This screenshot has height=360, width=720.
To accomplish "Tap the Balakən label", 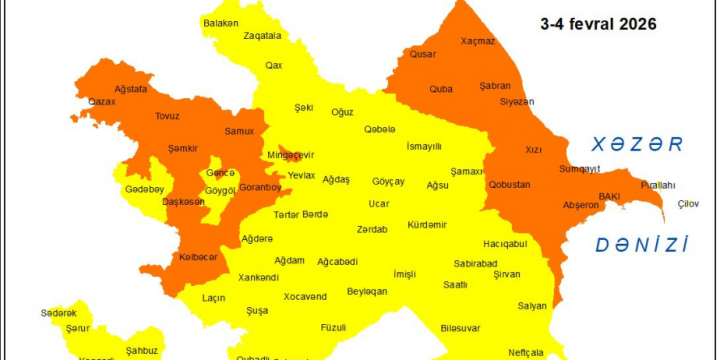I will point(221,22).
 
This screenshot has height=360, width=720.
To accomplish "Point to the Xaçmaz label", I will point(478,41).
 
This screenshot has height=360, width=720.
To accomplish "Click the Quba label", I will point(441,88).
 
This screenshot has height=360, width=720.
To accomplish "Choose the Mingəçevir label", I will point(290,155).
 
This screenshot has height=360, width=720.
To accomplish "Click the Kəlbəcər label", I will point(198,257).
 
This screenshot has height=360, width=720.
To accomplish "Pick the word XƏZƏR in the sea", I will point(636,144).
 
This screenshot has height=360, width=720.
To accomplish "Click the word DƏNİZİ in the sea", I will point(642,244).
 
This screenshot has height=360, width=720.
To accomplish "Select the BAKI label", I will point(610,196).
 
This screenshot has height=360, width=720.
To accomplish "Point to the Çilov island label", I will point(688,204).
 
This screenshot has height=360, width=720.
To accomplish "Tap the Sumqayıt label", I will point(579,168).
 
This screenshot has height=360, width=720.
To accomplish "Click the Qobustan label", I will point(510,184).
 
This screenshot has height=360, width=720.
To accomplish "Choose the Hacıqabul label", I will point(505,243).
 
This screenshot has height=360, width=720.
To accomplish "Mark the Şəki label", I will point(304,107).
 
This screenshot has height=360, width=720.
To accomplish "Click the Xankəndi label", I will point(258,277).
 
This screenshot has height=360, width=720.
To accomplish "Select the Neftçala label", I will point(525,352).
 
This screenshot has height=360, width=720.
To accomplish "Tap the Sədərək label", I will point(59,313).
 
